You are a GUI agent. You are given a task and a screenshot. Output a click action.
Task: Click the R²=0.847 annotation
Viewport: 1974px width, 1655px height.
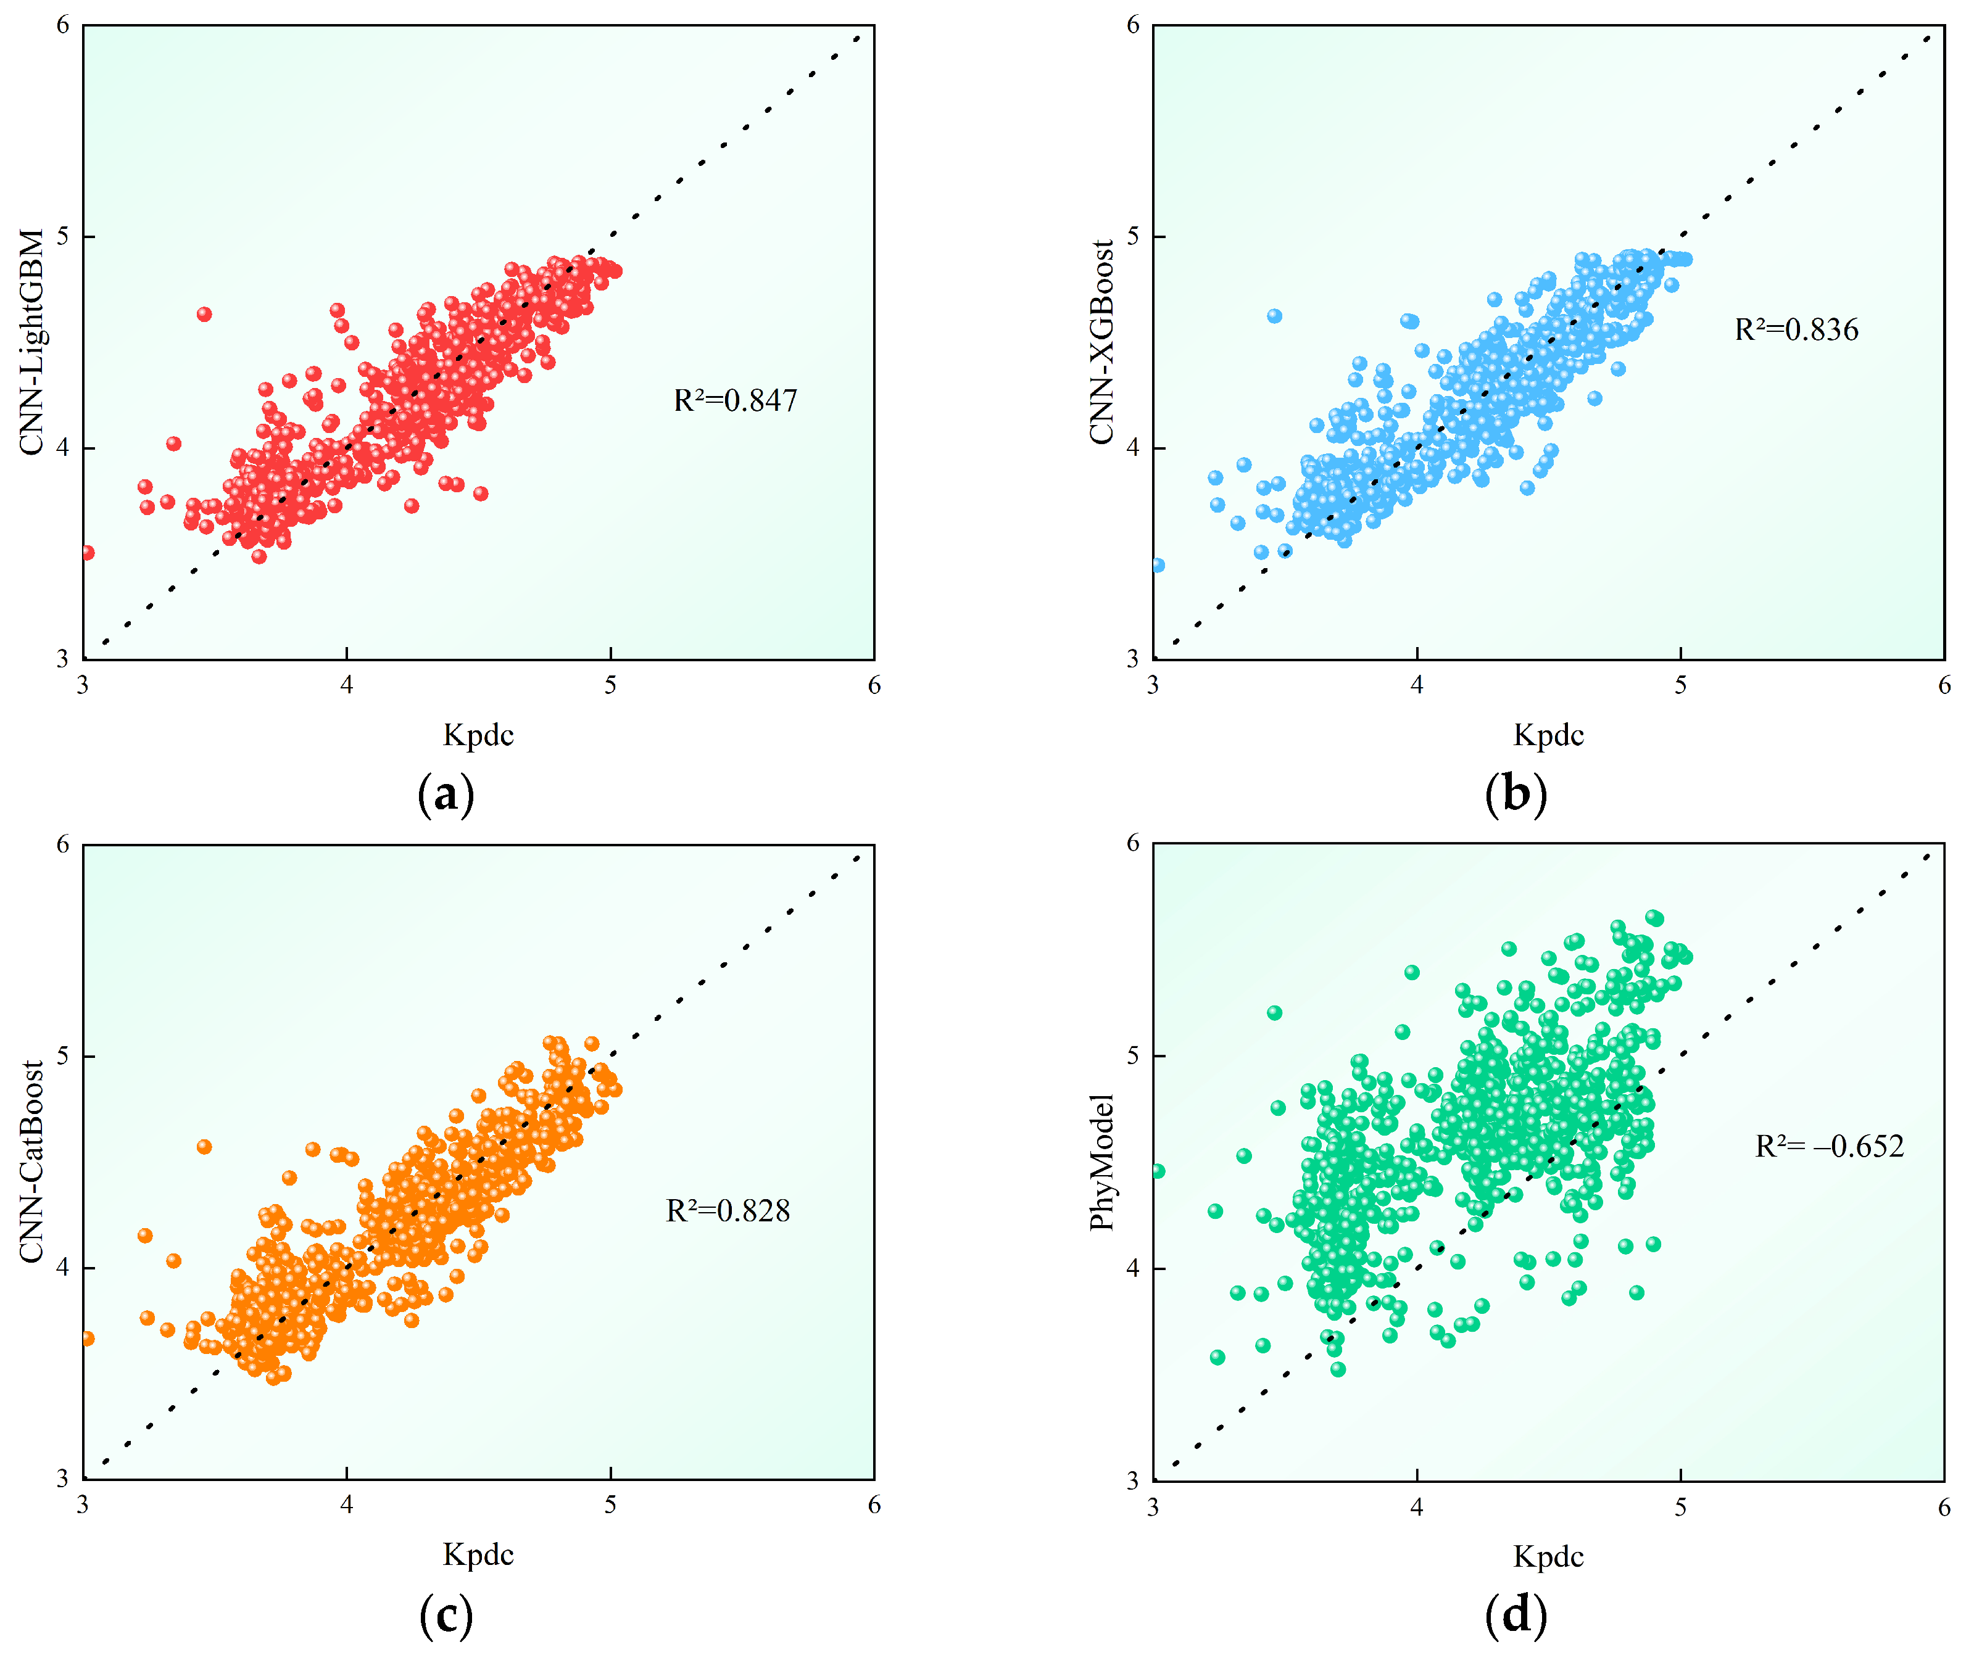coord(735,402)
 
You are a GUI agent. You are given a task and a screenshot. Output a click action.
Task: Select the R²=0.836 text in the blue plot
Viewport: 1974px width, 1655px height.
coord(1796,330)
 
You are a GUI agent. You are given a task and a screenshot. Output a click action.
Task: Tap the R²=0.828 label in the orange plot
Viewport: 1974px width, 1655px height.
coord(728,1211)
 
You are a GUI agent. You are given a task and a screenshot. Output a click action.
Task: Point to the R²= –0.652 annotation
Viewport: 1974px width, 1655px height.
coord(1829,1147)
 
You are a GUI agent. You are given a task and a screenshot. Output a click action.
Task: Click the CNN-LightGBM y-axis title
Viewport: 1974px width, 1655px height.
coord(32,342)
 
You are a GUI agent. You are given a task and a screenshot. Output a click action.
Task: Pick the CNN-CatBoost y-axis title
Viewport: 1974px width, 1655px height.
coord(32,1162)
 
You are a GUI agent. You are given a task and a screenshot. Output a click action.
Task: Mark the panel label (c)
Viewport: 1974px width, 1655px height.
coord(446,1614)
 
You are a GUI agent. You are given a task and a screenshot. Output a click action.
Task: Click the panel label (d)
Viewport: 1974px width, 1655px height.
coord(1516,1614)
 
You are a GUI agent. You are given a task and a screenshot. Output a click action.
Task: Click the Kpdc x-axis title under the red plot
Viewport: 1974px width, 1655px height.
coord(478,735)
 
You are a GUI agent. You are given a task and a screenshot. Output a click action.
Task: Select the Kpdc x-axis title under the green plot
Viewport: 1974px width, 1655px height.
coord(1548,1556)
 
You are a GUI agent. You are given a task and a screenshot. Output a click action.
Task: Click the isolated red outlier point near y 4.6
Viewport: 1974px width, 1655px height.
coord(204,314)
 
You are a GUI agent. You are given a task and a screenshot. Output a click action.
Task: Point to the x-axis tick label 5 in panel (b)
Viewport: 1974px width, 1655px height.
coord(1681,685)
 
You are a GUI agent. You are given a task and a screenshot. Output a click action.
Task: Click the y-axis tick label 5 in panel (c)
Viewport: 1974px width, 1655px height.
coord(63,1055)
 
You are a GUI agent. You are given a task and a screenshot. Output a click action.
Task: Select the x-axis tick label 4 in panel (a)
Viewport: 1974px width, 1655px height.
coord(347,685)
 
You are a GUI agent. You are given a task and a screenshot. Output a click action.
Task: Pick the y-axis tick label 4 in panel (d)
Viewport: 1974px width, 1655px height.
coord(1133,1268)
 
